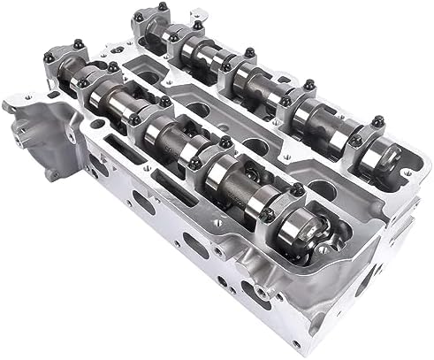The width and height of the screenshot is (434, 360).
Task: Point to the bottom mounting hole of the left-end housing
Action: [x=55, y=176]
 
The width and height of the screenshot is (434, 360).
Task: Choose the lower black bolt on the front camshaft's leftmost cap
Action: [x=67, y=84]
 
